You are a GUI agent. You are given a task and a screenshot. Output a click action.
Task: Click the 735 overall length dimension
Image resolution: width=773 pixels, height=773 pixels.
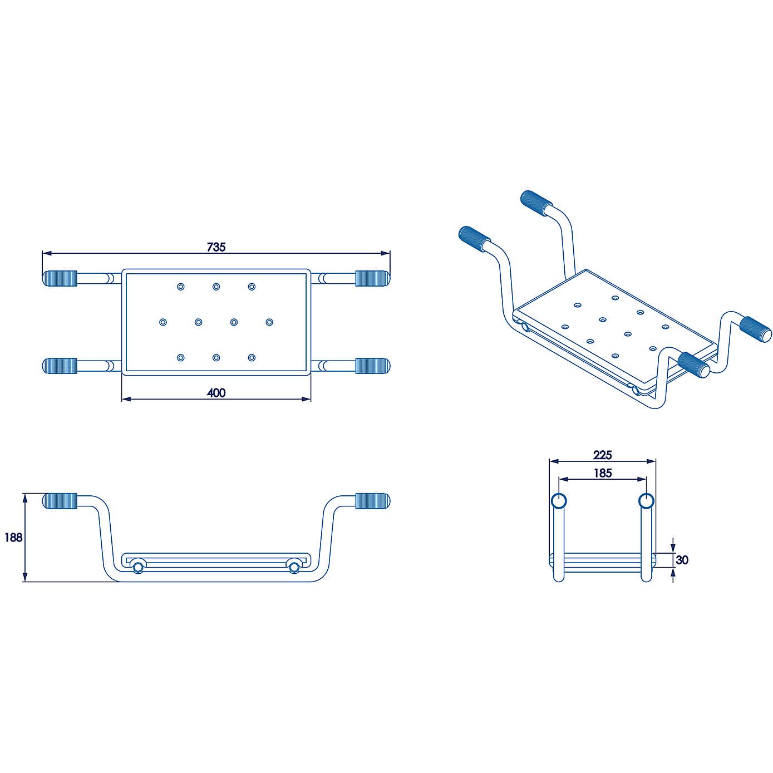point(216,247)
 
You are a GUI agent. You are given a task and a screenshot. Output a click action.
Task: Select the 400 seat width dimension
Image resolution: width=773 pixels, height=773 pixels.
point(216,392)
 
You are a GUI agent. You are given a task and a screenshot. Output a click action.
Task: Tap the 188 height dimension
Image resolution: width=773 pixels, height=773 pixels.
point(13,537)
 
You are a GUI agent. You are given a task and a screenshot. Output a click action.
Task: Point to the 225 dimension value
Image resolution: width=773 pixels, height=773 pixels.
point(602,455)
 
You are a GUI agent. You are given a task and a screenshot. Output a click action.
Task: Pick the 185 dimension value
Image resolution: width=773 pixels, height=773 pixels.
point(602,473)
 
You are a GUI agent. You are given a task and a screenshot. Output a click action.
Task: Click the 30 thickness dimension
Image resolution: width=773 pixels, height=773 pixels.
point(682,560)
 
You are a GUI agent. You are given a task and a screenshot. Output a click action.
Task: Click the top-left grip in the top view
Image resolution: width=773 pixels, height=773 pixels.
point(60,278)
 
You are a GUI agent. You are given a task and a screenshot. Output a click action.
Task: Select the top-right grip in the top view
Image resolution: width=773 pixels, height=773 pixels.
point(372,278)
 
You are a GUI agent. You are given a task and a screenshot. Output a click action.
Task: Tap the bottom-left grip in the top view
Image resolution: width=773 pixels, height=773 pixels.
point(60,366)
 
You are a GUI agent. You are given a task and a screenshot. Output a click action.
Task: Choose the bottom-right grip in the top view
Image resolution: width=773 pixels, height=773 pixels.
point(372,366)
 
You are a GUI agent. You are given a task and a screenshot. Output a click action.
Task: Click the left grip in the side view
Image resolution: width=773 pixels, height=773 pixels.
point(60,501)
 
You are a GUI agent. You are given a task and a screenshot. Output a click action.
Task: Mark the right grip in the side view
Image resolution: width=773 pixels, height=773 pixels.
point(372,501)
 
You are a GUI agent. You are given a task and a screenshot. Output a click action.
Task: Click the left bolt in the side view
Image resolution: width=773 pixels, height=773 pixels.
point(137,567)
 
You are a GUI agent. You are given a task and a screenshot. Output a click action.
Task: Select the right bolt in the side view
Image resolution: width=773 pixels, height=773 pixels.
point(294,567)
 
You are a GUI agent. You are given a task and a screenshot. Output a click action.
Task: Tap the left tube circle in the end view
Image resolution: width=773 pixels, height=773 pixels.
point(559,501)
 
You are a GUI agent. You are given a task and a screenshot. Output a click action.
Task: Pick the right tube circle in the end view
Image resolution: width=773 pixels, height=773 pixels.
point(646,501)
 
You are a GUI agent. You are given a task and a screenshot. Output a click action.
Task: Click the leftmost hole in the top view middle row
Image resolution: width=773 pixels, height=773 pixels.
point(163,322)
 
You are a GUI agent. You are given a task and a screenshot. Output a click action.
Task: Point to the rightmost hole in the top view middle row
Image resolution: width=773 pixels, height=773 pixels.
point(269,322)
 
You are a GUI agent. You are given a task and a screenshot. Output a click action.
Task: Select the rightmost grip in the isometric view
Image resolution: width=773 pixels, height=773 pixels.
point(756,328)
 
